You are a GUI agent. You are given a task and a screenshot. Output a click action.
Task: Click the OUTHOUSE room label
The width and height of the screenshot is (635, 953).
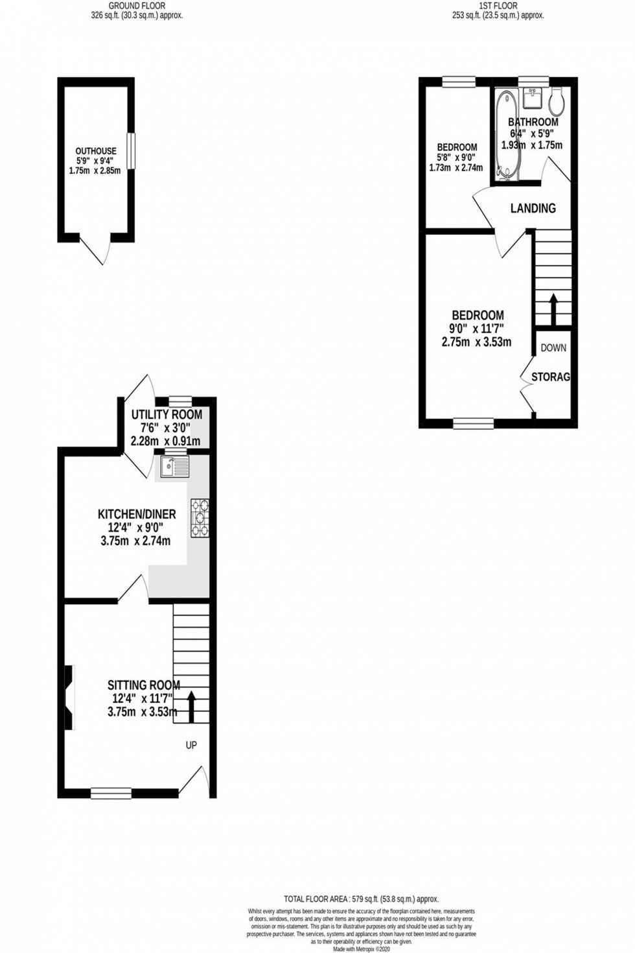coord(96,151)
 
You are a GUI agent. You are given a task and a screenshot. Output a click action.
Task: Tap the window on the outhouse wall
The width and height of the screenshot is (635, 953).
coord(131,151)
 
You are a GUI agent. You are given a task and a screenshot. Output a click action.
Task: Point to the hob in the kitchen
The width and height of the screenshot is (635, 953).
coord(200,517)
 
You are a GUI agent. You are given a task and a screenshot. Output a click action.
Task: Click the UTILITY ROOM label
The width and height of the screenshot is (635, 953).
coord(167,415)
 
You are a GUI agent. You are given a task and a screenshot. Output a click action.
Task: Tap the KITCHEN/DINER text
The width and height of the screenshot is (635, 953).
coord(136,514)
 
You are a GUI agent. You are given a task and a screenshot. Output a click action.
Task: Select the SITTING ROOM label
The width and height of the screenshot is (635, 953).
coord(143,685)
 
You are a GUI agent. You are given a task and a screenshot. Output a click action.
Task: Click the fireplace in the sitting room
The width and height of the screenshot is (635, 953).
coord(69,698)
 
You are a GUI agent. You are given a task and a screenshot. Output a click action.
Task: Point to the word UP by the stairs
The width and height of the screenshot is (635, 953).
coord(191,746)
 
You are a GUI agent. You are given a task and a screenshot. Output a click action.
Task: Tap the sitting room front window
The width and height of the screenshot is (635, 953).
coord(111,792)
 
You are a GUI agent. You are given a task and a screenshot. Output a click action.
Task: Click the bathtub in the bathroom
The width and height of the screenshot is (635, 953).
coord(505,134)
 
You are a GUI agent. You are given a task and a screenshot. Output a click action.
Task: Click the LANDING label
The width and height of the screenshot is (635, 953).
coord(533,208)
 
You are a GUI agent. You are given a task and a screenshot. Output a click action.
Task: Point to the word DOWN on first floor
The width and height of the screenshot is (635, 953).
coord(553,348)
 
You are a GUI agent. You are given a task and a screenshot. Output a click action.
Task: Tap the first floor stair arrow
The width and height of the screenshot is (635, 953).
coord(553,309)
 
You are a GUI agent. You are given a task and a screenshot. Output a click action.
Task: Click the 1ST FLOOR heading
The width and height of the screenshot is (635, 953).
coord(498,6)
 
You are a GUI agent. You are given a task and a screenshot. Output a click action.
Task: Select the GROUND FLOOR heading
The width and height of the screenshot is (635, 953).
coord(137,6)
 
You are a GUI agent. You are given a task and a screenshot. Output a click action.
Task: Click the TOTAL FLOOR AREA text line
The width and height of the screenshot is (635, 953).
coord(361,899)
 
